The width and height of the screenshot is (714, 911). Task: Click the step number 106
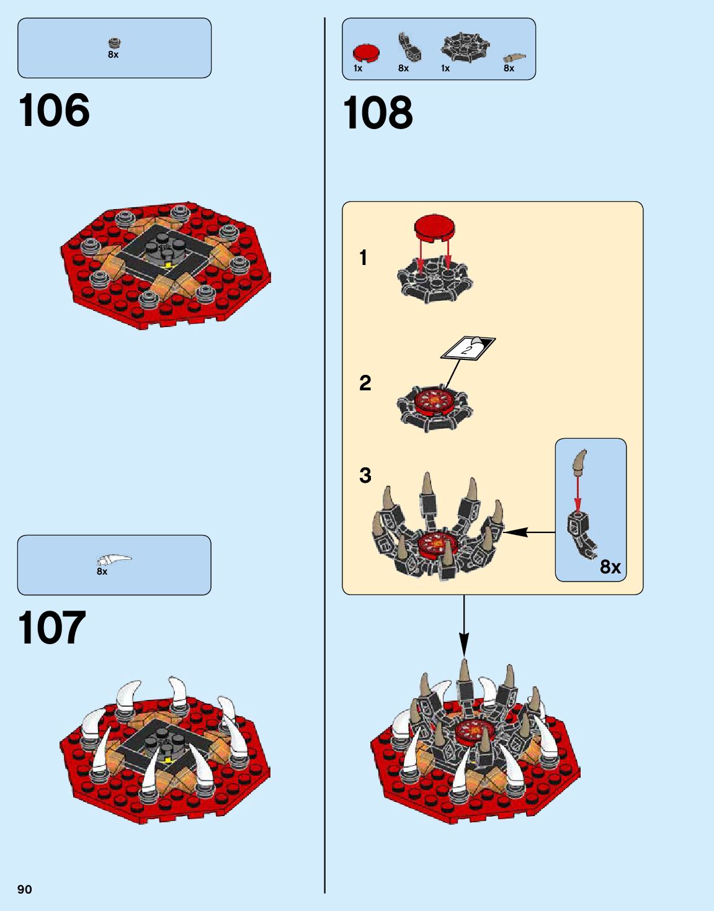[54, 110]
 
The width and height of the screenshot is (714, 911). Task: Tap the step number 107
[51, 628]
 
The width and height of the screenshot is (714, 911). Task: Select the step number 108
[377, 113]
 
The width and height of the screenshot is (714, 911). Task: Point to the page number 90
[24, 889]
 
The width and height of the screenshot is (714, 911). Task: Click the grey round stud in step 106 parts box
[114, 43]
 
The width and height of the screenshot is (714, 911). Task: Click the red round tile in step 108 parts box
[366, 53]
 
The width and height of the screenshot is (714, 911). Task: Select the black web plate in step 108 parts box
[465, 47]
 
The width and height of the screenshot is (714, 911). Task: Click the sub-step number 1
[364, 258]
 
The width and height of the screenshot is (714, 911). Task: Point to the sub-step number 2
[365, 383]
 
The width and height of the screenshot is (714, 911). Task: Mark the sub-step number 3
[365, 475]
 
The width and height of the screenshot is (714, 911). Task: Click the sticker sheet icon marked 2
[468, 348]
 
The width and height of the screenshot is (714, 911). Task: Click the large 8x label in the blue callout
[610, 567]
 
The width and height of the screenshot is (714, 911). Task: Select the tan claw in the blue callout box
[580, 462]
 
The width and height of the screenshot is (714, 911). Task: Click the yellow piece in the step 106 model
[168, 265]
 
